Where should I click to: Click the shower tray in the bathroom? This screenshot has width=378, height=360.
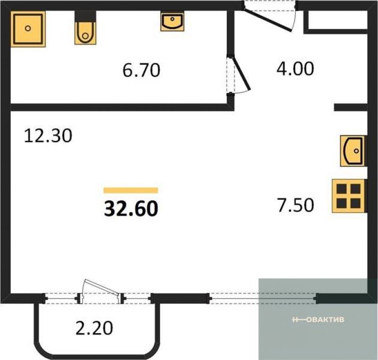(x=28, y=29)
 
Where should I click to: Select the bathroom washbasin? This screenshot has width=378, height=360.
(x=172, y=22)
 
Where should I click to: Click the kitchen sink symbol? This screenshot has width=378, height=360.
(x=353, y=151)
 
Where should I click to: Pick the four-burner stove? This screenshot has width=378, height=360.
(x=349, y=196)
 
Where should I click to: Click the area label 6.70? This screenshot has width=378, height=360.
(x=141, y=70)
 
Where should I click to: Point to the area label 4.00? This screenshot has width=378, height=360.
(x=295, y=69)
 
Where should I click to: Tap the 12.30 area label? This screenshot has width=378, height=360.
(x=48, y=136)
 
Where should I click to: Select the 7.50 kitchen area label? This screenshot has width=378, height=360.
(x=296, y=205)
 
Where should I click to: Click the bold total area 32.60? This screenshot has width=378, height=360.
(x=131, y=209)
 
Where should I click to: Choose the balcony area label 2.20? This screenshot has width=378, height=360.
(x=94, y=328)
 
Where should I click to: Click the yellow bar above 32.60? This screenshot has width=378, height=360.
(x=131, y=190)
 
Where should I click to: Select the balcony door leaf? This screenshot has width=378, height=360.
(x=101, y=288)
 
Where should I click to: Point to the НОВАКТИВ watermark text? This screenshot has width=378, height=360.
(x=318, y=320)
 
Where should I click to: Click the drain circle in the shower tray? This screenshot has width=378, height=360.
(x=28, y=28)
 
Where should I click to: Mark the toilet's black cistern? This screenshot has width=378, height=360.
(x=86, y=17)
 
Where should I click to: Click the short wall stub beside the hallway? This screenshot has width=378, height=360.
(x=351, y=107)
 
